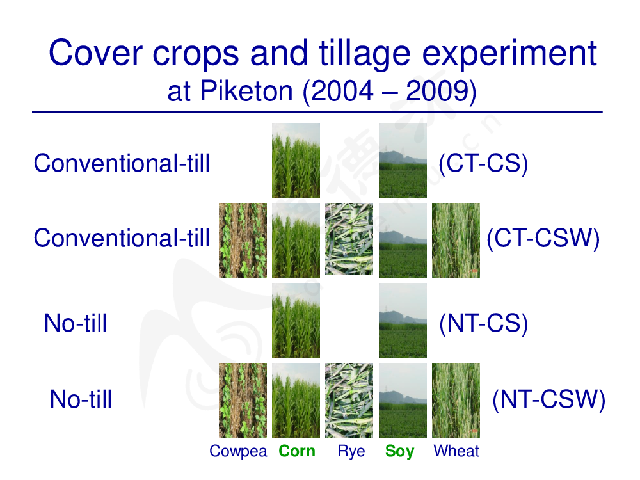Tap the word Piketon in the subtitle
(246, 91)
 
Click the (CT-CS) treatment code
(483, 164)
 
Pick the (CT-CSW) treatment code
(543, 238)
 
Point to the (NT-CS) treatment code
(484, 324)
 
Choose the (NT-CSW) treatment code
(549, 399)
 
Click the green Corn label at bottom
(297, 451)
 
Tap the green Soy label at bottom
(399, 452)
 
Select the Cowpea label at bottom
(238, 452)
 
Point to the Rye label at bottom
(351, 452)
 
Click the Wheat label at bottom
(456, 451)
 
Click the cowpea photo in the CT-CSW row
(243, 241)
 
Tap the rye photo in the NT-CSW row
(349, 401)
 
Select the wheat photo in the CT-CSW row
(456, 241)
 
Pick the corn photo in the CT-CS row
(296, 161)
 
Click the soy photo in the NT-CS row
(403, 321)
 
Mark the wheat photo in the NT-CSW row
(456, 401)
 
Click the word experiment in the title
(509, 54)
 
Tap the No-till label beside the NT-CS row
(76, 323)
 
